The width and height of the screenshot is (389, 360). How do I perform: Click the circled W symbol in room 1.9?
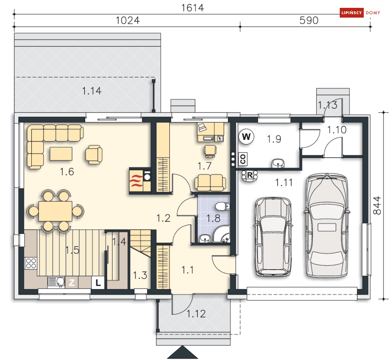point(246,137)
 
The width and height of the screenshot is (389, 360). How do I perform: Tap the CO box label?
point(243,158)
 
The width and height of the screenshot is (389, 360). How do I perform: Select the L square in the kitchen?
point(98,283)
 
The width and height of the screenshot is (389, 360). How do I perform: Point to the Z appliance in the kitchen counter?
point(72,283)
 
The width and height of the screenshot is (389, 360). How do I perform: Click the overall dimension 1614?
point(192,8)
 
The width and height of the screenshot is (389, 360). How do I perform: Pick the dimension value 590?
point(309,20)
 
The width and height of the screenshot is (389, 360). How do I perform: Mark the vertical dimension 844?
point(377,205)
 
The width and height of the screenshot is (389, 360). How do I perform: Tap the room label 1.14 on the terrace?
point(92,91)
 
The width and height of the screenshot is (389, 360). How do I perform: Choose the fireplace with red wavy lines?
point(136,181)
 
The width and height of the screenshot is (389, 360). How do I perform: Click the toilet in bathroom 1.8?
point(223,206)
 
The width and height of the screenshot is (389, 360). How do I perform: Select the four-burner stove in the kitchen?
point(31,263)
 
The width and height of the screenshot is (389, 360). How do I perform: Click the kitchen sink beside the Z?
point(56,282)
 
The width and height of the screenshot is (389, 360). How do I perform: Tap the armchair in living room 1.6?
point(94,155)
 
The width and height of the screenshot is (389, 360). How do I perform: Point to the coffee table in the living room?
point(61,154)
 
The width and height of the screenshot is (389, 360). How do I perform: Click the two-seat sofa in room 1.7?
point(210,182)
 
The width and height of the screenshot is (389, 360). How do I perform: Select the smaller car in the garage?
point(273,237)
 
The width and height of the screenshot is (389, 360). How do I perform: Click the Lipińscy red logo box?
point(351,13)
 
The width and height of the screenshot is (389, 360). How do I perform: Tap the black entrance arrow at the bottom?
point(182,352)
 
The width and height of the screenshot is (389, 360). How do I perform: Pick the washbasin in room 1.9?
point(278,163)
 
